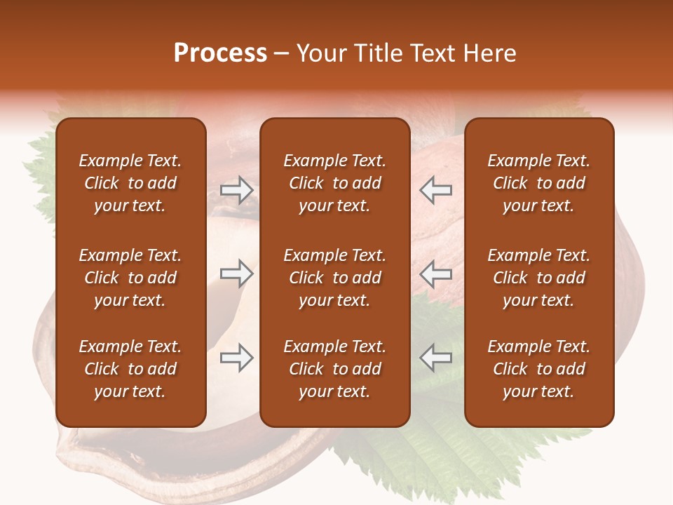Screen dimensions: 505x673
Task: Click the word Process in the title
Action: (x=220, y=53)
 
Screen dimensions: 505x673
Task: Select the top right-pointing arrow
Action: (x=237, y=190)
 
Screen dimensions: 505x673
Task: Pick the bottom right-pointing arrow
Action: (x=237, y=358)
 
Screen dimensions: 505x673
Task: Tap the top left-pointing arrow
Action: (x=435, y=190)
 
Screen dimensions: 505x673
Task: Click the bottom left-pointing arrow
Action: (x=435, y=358)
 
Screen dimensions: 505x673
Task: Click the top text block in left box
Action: (x=130, y=183)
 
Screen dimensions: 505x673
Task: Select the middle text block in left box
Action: (x=130, y=278)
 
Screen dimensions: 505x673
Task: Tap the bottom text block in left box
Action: (x=130, y=369)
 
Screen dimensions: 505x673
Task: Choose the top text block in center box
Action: (x=334, y=183)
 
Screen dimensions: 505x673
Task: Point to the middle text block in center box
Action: (x=334, y=278)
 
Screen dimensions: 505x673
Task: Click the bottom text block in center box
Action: (x=334, y=369)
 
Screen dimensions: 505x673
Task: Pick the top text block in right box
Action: (x=538, y=183)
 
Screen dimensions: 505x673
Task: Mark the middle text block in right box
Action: (x=538, y=278)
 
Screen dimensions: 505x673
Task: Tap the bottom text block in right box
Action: (x=538, y=369)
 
